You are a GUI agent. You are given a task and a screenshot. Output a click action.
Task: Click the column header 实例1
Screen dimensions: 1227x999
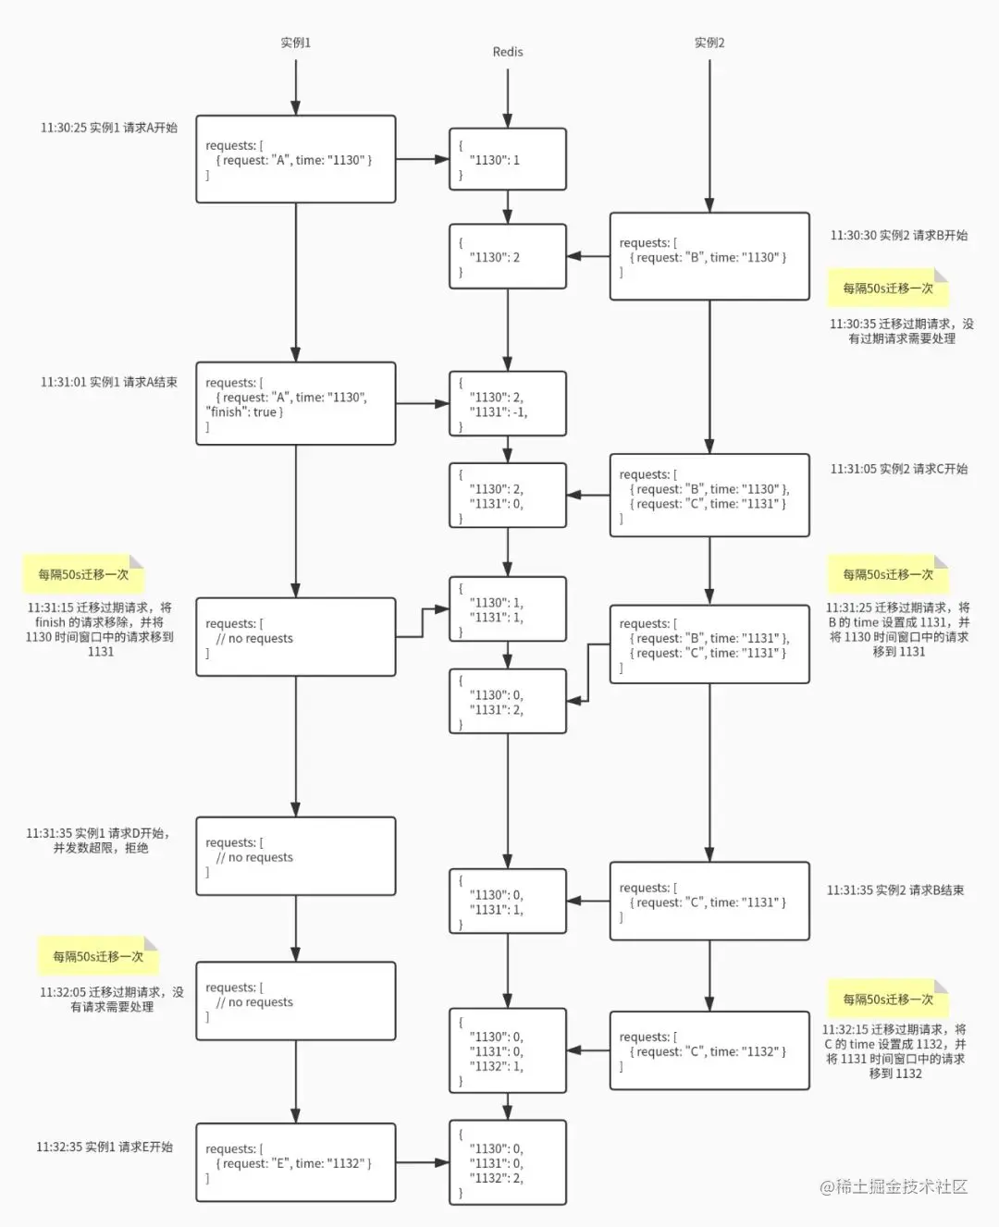295,43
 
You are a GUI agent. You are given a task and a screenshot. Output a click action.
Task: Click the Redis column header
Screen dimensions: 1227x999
507,52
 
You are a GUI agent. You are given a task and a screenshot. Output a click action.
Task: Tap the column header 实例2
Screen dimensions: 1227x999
709,43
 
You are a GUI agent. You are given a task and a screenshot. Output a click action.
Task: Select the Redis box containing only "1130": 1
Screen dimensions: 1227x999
507,159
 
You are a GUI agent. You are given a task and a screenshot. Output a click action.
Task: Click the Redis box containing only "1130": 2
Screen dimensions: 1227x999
507,256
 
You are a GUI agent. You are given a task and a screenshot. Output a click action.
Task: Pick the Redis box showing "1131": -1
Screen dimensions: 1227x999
507,404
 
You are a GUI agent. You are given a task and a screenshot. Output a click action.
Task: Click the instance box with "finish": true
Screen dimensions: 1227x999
295,404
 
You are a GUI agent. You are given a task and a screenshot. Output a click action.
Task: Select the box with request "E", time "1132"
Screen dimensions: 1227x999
295,1162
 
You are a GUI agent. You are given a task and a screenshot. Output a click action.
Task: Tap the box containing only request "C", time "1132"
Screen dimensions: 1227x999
709,1051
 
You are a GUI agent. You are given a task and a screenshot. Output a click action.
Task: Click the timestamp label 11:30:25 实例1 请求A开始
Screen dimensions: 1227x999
108,128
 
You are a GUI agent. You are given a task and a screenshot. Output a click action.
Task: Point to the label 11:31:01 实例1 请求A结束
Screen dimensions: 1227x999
108,382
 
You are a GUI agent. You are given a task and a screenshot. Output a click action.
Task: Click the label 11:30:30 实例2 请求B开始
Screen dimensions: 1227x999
898,236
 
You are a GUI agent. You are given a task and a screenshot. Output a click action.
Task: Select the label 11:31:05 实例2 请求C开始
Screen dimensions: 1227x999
898,469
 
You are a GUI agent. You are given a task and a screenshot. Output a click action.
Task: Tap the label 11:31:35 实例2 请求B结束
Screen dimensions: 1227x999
894,890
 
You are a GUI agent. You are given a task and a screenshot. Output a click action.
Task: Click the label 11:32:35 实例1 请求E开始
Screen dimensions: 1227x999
105,1147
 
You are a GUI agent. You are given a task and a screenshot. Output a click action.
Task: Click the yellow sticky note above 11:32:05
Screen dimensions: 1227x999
98,957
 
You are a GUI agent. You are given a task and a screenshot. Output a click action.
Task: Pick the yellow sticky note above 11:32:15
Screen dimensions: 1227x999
888,1000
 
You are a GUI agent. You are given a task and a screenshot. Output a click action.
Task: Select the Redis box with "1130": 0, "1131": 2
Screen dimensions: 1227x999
507,701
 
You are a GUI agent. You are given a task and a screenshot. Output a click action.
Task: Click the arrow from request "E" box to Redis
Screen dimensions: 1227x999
422,1162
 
